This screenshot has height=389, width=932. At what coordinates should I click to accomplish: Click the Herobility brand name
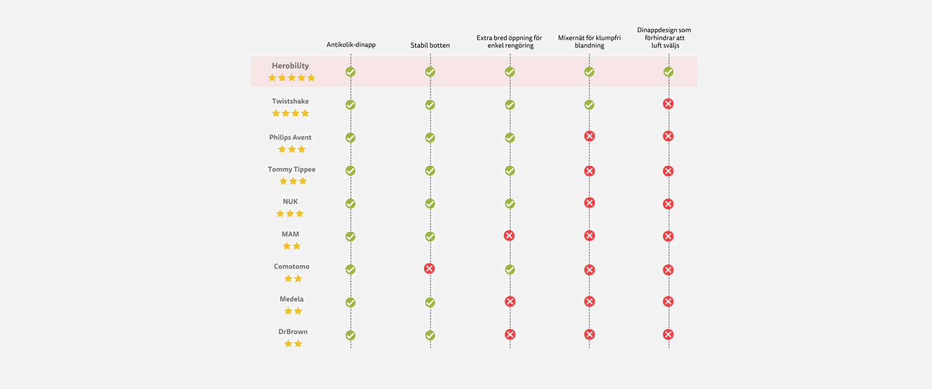pos(290,66)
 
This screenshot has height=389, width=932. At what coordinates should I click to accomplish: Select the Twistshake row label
pos(290,101)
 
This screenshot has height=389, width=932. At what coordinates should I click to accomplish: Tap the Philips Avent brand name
pos(290,137)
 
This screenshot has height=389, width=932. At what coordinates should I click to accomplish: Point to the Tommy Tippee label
pos(292,169)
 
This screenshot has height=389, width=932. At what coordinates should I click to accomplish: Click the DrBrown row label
pos(293,331)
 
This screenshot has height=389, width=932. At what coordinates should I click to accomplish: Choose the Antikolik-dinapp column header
pos(351,45)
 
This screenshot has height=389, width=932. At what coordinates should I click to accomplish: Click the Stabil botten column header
pos(430,45)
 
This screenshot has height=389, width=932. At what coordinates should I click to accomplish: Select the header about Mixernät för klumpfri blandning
pos(589,41)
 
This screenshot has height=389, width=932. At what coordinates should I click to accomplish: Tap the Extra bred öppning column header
pos(509,41)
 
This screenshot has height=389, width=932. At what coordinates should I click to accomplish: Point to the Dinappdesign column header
pos(664,37)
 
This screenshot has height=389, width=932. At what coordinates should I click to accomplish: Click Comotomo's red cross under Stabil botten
pos(429,268)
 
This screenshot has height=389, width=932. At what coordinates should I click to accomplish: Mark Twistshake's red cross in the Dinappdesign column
pos(668,104)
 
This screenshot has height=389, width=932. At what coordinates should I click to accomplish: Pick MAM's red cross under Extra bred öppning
pos(509,235)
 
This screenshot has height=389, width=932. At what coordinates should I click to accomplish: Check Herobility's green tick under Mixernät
pos(589,72)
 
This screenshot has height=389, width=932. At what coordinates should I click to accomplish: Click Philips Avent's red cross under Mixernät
pos(589,136)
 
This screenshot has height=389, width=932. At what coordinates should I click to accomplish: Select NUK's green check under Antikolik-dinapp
pos(351,203)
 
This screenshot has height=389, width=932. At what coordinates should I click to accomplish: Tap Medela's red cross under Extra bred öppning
pos(510,301)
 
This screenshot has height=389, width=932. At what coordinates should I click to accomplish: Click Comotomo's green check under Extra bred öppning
pos(510,269)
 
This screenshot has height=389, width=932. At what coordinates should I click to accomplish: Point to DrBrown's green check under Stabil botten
pos(430,335)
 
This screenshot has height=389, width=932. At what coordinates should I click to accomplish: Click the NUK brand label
pos(290,201)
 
